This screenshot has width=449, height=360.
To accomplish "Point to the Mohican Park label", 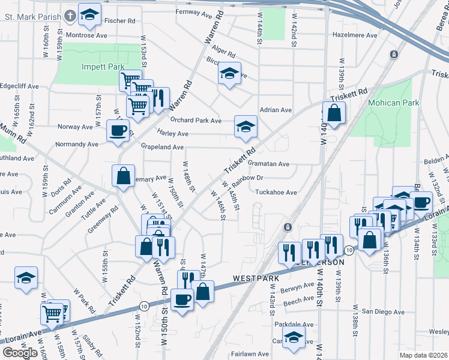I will (x=394, y=103).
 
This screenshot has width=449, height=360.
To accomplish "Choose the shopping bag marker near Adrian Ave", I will (x=334, y=112).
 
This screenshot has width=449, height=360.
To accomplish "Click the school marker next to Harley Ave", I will (x=245, y=126).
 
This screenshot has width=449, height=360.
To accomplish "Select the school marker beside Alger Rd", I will (x=229, y=73).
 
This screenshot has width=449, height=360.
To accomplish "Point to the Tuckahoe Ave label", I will (x=276, y=193).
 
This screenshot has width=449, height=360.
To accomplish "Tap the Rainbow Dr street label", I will (x=248, y=178).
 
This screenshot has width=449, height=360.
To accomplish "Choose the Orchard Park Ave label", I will (x=199, y=120).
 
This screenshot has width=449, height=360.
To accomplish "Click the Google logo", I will (x=20, y=353).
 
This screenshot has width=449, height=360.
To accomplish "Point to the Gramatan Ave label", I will (x=268, y=164).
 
